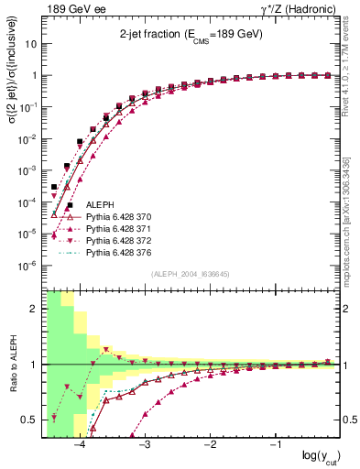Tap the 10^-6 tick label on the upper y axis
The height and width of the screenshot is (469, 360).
pyautogui.click(x=28, y=265)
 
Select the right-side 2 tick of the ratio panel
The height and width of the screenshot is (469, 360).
pyautogui.click(x=345, y=309)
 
